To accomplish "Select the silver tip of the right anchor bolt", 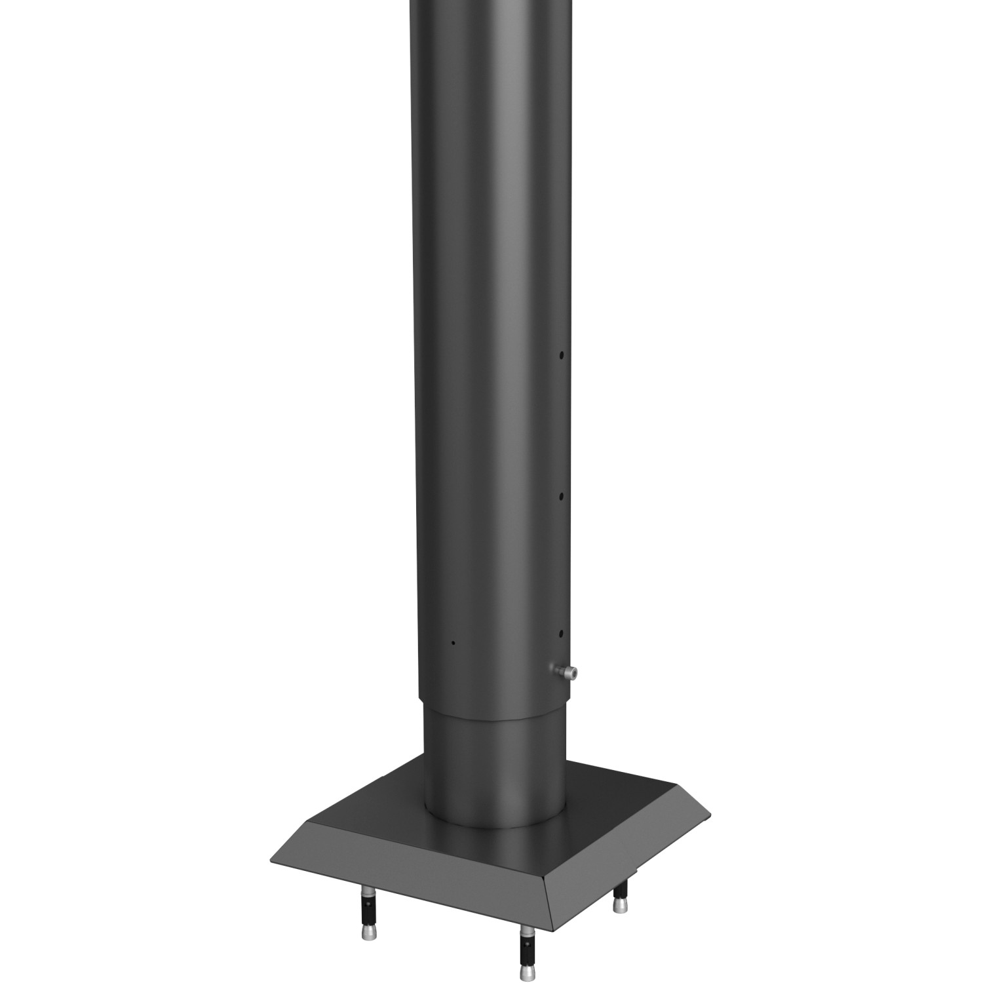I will click(x=618, y=904).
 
